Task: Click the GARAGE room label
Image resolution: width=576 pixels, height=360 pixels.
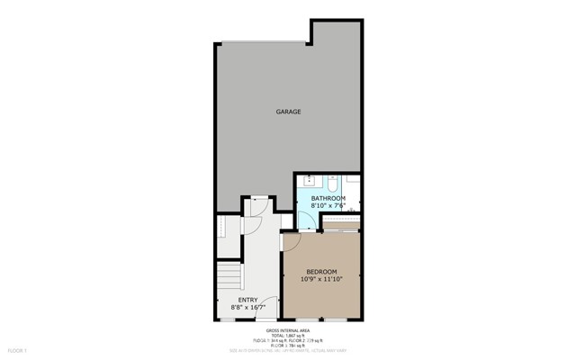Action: tap(288, 112)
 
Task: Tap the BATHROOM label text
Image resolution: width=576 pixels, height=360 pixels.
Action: tap(328, 198)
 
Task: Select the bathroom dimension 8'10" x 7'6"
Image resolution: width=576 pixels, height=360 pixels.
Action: tap(328, 206)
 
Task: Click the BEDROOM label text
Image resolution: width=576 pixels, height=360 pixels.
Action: tap(321, 272)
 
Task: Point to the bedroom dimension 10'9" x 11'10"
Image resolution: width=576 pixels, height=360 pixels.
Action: tap(321, 280)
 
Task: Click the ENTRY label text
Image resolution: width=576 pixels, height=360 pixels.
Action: tap(247, 300)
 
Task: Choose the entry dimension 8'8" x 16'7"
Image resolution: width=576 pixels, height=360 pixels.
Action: tap(247, 308)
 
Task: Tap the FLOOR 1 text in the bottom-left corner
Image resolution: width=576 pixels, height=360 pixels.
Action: tap(18, 350)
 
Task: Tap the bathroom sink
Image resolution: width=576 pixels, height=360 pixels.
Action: tap(310, 180)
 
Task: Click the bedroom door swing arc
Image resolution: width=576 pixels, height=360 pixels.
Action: tap(292, 241)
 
